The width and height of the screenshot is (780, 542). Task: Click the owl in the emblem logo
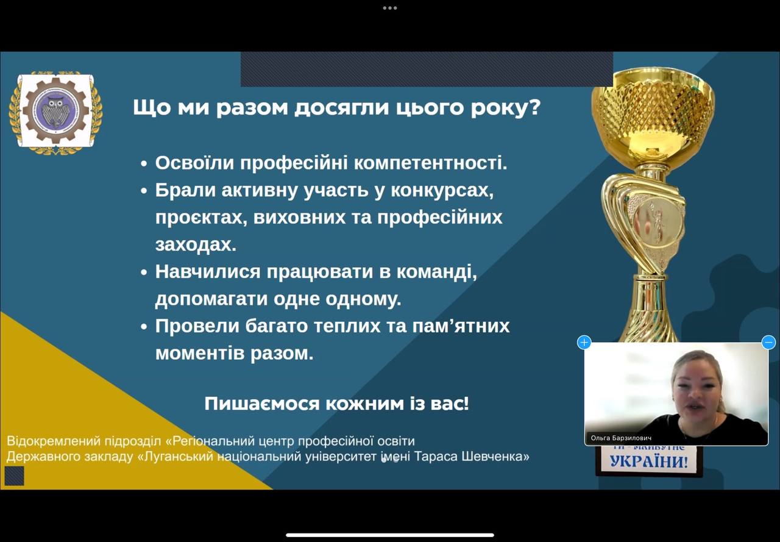click(55, 111)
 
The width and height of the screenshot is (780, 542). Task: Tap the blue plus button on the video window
click(584, 343)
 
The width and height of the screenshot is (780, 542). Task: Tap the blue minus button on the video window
click(768, 343)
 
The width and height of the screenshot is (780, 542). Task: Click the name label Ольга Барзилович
click(621, 438)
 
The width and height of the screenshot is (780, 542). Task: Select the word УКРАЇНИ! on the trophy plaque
click(649, 461)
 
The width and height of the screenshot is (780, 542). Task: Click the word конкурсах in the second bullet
click(442, 190)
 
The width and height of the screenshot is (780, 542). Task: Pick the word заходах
click(196, 244)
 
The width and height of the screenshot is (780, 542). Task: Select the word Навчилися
click(208, 271)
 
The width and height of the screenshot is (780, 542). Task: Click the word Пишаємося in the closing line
click(262, 404)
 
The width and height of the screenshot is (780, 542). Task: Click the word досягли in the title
click(342, 107)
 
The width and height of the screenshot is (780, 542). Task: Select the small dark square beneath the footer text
click(14, 476)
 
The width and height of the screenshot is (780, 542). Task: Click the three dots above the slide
click(390, 8)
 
